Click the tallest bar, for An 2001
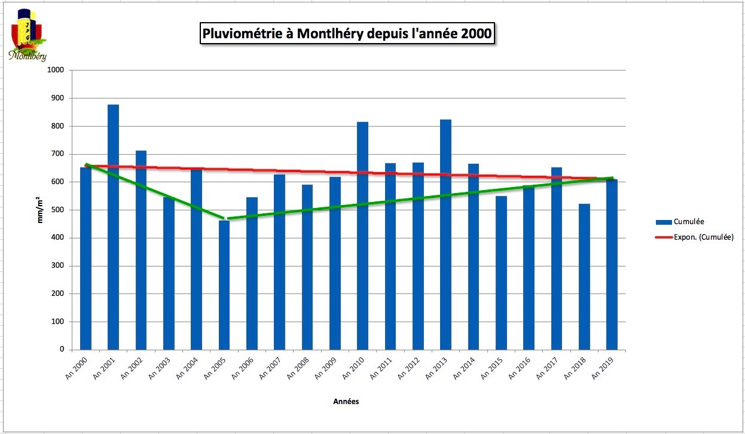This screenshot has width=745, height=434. (x=113, y=227)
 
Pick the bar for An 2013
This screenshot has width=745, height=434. (x=445, y=234)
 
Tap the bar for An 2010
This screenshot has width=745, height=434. (x=362, y=236)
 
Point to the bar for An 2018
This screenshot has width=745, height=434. (x=584, y=277)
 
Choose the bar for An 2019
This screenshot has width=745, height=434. (x=612, y=264)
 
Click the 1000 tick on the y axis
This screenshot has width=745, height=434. (x=56, y=70)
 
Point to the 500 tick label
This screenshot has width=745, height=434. (x=57, y=210)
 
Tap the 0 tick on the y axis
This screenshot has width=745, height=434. (x=62, y=349)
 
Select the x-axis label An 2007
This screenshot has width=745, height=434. (x=270, y=368)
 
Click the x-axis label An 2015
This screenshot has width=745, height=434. (x=491, y=368)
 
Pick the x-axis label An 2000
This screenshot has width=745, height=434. (x=76, y=368)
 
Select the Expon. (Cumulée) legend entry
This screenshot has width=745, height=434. (x=694, y=237)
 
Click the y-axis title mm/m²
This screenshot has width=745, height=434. (x=39, y=210)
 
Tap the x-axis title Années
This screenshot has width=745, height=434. (x=346, y=401)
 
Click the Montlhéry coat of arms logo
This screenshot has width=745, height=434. (x=28, y=35)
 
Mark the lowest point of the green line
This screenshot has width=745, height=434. (x=225, y=219)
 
